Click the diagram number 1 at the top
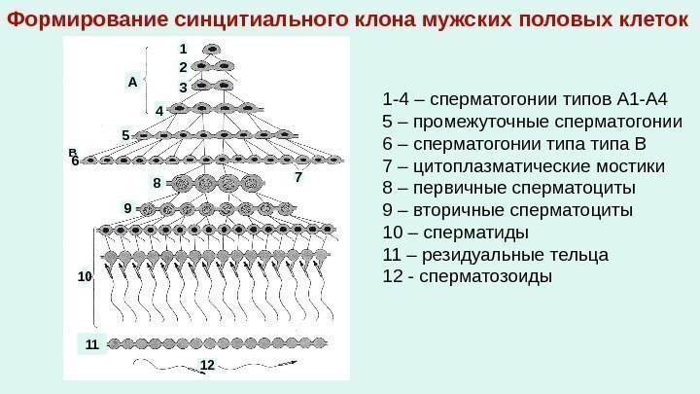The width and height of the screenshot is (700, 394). tap(182, 48)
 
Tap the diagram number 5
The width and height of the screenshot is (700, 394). tap(125, 133)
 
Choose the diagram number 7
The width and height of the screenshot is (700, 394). tap(297, 178)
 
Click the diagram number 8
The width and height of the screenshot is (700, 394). tap(156, 182)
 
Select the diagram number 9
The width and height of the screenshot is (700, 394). tap(126, 208)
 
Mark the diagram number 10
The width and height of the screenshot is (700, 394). tap(84, 277)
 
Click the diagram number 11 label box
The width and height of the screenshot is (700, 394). tap(91, 344)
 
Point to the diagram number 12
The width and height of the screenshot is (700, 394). tap(206, 364)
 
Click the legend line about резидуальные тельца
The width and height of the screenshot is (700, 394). tap(496, 255)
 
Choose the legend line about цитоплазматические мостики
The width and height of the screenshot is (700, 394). tap(524, 165)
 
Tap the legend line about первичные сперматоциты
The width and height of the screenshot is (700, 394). tap(510, 188)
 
